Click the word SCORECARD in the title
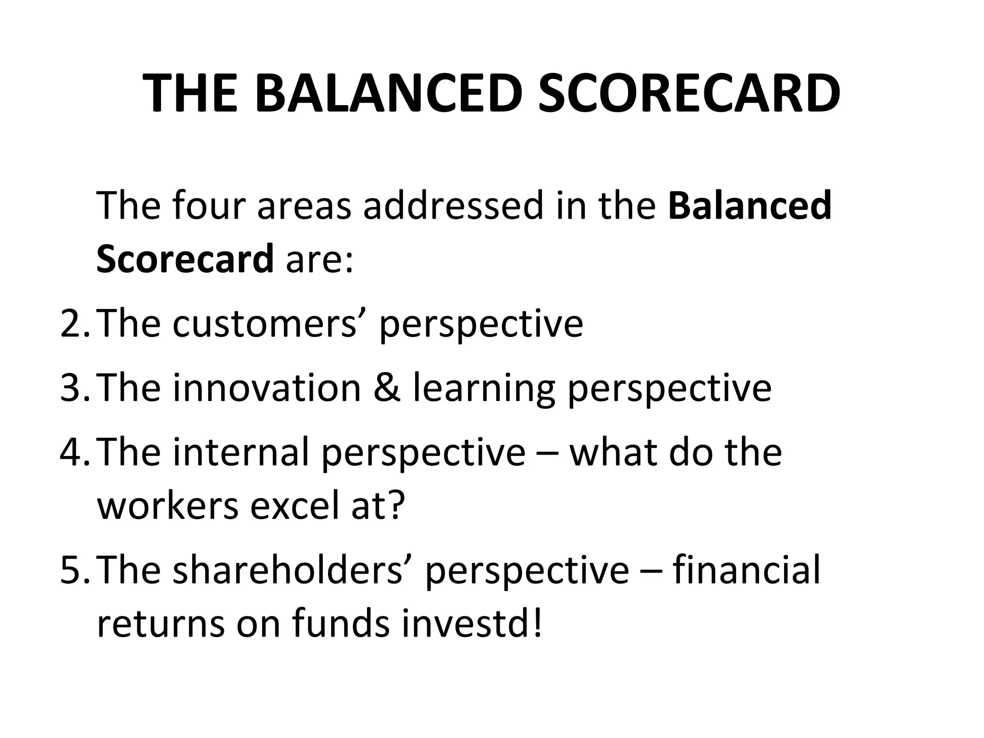pos(689,94)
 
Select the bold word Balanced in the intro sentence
pos(750,206)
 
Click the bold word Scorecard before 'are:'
pos(185,258)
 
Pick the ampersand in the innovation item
pos(387,388)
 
